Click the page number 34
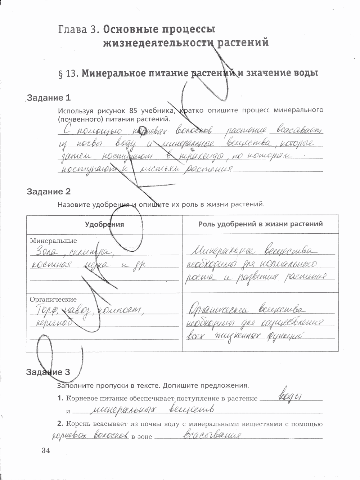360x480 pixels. point(45,450)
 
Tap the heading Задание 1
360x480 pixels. point(49,98)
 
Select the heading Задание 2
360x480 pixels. point(49,192)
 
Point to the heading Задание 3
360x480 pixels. point(48,372)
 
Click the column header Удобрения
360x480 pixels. point(104,224)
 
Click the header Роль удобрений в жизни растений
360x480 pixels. point(261,224)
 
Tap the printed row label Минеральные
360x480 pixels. point(53,241)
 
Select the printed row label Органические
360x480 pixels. point(53,299)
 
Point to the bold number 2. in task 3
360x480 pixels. point(60,424)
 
